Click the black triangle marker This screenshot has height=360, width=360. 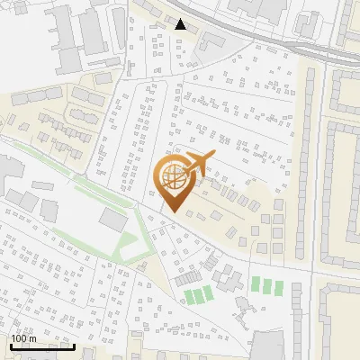point(181,24)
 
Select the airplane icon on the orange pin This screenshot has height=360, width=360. point(197,164)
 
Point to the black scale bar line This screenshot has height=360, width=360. point(42,346)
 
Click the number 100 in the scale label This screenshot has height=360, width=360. point(20,338)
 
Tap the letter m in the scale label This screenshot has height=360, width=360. point(33,338)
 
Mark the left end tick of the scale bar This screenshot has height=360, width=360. point(11,344)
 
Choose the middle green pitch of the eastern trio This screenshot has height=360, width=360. point(267,286)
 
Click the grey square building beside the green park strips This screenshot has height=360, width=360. point(113,218)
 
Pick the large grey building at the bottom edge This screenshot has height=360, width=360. point(268,347)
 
